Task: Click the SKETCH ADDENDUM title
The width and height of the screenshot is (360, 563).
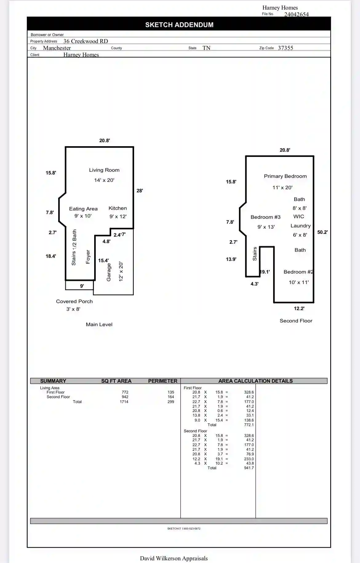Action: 179,25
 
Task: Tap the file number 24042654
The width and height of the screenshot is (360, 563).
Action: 296,14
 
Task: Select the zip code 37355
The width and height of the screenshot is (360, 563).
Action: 286,48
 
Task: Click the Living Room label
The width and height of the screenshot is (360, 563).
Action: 104,170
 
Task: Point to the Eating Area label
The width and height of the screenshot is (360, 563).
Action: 83,209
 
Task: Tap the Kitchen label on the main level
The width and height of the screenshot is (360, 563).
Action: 118,208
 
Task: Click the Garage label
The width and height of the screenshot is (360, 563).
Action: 109,272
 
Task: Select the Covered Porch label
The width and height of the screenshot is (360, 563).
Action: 74,301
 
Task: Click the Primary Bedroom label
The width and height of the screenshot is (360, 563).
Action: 285,176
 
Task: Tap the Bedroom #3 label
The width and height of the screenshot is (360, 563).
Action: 266,217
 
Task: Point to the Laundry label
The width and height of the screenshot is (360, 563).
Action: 301,226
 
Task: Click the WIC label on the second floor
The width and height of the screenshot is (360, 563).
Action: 299,217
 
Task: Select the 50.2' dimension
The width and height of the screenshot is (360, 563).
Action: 322,232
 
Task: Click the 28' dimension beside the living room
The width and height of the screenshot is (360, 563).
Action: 140,191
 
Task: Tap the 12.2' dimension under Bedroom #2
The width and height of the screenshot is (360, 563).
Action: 299,309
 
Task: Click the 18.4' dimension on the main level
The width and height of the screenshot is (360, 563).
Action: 51,256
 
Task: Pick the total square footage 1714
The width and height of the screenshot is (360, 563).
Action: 124,402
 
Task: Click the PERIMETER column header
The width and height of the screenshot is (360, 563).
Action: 163,381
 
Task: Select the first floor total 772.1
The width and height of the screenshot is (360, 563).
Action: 249,425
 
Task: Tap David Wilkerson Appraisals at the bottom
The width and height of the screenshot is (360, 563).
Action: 174,558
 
